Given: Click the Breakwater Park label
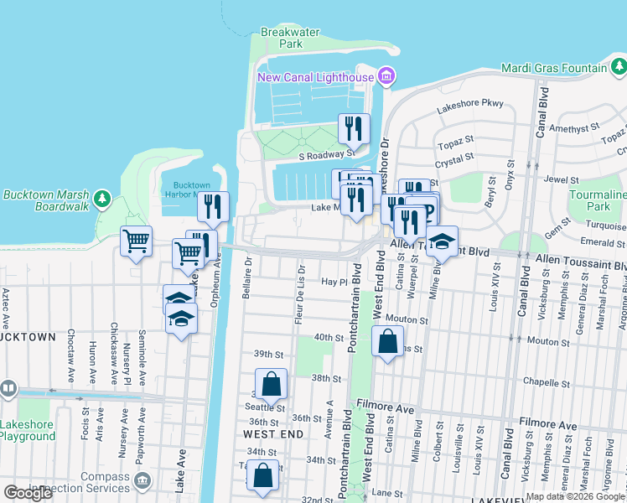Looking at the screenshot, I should [290, 37].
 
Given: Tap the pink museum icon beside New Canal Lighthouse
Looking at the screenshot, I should [386, 78].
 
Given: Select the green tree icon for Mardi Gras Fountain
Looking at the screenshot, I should [617, 67].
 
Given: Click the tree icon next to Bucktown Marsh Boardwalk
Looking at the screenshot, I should [102, 199].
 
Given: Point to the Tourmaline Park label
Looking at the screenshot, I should [597, 200].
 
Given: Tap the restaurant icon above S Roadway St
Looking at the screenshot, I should [354, 127].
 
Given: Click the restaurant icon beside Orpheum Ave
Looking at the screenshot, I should [213, 205].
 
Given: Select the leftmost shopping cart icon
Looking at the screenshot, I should [136, 241].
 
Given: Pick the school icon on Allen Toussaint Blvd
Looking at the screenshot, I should [442, 241].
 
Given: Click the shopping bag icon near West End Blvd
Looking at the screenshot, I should [386, 342].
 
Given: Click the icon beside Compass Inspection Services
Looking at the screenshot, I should [142, 480].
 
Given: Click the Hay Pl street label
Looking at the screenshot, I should [334, 283].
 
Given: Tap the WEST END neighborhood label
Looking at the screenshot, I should [268, 434].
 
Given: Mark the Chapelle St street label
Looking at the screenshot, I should [546, 383].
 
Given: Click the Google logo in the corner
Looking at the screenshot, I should [28, 493].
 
